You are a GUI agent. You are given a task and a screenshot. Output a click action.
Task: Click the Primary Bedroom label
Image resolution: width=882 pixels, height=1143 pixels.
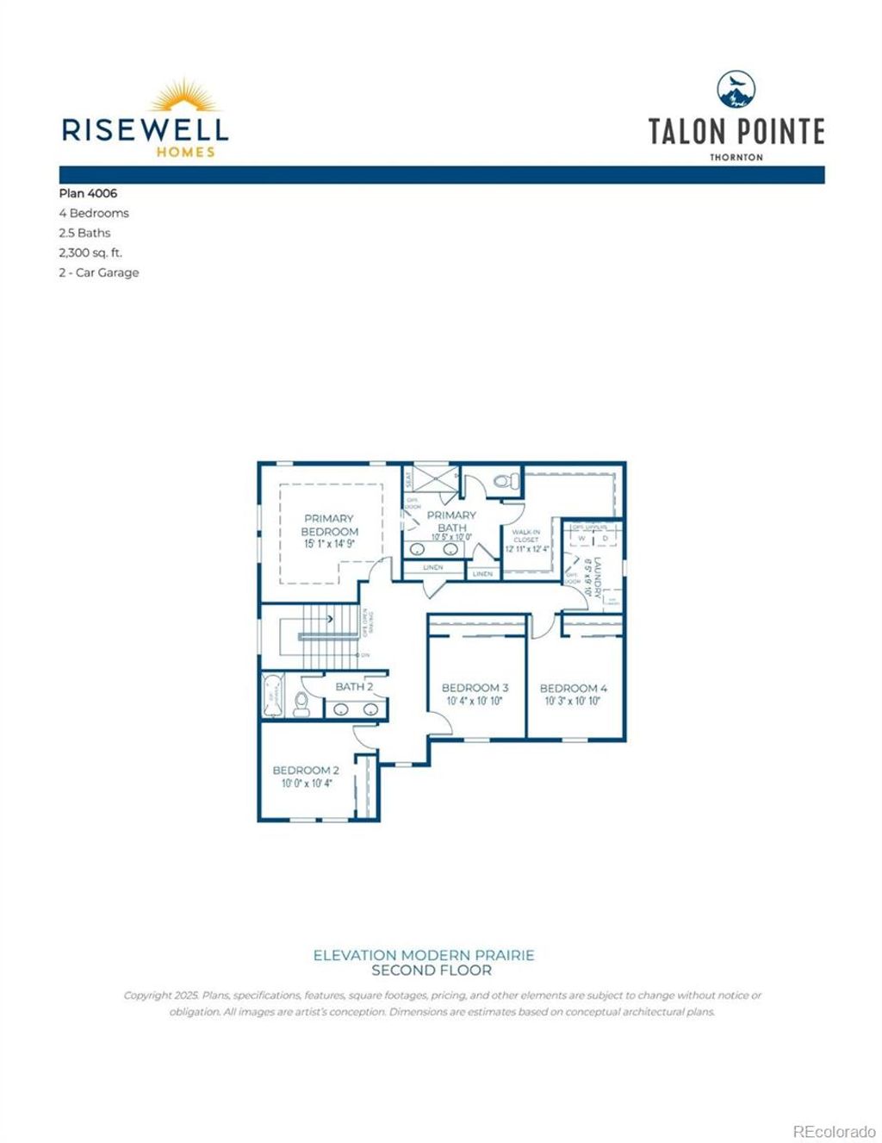[x=329, y=525]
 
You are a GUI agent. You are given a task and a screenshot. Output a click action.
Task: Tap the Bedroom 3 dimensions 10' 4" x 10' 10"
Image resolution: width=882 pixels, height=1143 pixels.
[x=474, y=702]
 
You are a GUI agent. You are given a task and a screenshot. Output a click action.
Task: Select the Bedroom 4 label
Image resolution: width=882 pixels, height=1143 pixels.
[x=573, y=688]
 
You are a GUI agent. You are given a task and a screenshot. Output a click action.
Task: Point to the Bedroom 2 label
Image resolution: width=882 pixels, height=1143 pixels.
[x=306, y=770]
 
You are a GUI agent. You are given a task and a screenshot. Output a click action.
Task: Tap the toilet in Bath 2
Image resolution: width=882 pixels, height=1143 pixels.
[x=301, y=704]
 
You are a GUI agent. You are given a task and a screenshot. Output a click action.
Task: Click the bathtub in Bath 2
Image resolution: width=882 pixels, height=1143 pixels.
[x=272, y=696]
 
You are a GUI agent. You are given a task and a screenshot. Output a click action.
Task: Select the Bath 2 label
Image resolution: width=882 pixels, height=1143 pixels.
[x=354, y=686]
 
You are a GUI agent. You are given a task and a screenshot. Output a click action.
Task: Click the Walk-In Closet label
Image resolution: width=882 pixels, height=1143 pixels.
[x=526, y=536]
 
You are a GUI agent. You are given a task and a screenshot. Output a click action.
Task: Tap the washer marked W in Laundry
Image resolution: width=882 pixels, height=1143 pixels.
[x=581, y=539]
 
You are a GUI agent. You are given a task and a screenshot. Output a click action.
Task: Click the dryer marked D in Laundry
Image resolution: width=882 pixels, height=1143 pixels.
[x=605, y=539]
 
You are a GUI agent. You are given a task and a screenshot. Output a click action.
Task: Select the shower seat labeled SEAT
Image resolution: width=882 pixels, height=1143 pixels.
[x=408, y=478]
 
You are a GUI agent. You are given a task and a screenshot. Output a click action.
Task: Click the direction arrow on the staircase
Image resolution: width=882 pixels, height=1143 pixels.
[x=328, y=618]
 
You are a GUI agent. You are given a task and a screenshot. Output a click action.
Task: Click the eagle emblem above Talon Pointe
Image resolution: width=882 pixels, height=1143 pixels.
[x=736, y=90]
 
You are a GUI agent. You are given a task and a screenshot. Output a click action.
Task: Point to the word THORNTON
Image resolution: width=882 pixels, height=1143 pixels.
[x=736, y=158]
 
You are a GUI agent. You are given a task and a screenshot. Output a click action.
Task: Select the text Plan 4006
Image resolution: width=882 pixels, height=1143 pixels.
[x=88, y=194]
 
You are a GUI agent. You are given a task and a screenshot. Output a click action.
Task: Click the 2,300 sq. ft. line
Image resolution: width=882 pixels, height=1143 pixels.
[x=90, y=253]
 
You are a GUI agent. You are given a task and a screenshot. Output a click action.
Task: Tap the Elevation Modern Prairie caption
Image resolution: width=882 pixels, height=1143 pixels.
[x=424, y=955]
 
